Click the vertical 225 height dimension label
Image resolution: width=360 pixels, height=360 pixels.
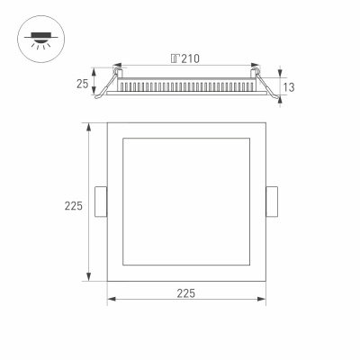coord(74,206)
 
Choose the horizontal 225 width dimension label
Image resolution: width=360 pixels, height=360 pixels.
coord(186,293)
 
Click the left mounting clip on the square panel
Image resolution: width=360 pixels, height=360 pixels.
coord(102,201)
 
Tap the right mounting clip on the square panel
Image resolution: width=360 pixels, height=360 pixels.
coord(272,201)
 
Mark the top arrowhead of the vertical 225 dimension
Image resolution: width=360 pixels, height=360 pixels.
coord(88,125)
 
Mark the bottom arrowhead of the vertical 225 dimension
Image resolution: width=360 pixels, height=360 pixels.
coord(88,277)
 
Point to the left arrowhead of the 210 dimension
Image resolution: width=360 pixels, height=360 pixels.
coord(120,66)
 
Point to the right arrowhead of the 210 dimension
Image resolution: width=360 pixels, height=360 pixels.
coord(254,66)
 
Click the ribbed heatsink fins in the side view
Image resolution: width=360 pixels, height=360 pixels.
coord(186,86)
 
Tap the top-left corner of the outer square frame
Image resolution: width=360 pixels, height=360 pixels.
coord(108,122)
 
